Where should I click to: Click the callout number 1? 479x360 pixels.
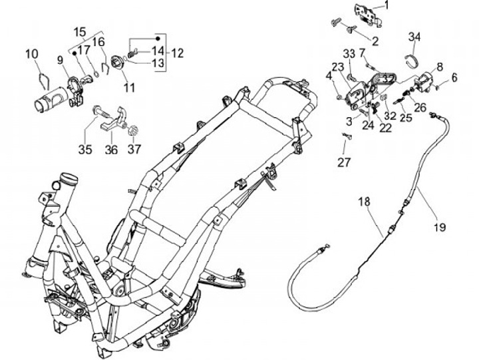tap(387, 5)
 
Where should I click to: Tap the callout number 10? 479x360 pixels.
tap(33, 54)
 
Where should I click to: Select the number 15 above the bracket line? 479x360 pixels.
tap(80, 32)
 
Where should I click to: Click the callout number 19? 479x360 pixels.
tap(440, 228)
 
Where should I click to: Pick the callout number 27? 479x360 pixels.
tap(343, 162)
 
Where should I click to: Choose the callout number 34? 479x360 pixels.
tap(414, 36)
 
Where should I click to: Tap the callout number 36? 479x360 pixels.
tap(111, 150)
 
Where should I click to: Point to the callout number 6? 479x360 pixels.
tap(454, 78)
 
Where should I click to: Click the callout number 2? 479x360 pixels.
tap(375, 41)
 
